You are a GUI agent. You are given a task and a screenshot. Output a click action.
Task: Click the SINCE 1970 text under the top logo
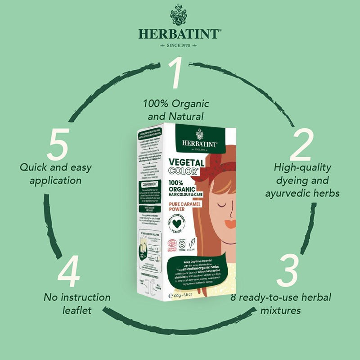click(180, 45)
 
